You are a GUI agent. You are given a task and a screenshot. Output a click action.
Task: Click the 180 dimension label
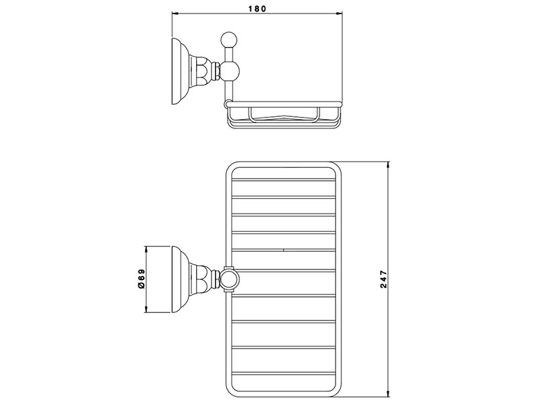256,9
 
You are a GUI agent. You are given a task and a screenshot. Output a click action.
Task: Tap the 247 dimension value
383,279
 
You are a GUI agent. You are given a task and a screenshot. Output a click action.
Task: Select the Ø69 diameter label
142,279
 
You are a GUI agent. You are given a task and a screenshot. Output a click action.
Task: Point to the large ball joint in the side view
230,71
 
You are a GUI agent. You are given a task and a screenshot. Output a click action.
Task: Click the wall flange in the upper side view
179,71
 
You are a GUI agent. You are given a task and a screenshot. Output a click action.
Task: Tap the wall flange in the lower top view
179,279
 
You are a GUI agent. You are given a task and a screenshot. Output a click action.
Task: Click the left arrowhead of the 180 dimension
175,13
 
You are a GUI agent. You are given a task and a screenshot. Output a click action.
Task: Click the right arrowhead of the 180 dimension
339,13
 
